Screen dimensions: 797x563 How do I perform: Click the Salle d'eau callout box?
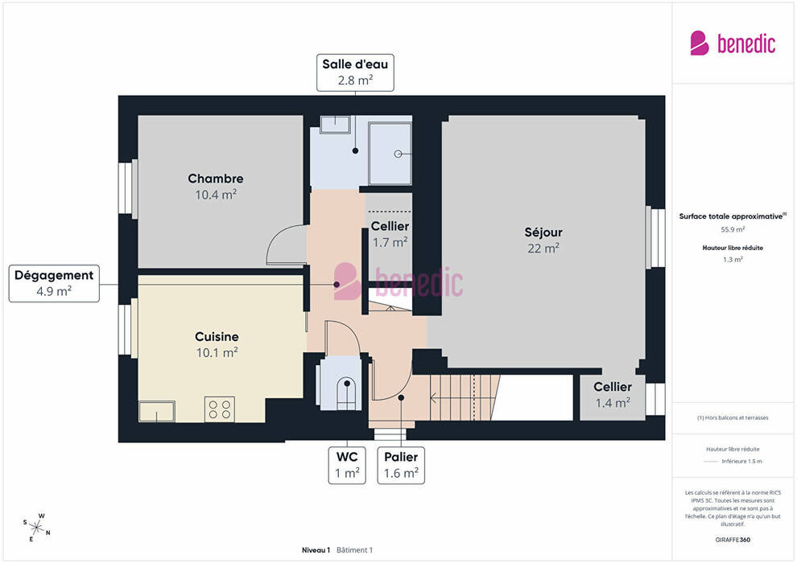click(x=355, y=72)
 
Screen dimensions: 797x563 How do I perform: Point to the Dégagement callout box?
click(x=54, y=283)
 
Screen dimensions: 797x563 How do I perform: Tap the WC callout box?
click(x=347, y=465)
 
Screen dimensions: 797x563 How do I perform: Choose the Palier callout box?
click(x=401, y=465)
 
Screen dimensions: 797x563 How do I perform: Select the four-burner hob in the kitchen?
click(x=220, y=409)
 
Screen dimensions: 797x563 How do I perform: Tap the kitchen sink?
click(x=156, y=411)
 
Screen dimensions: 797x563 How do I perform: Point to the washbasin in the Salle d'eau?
click(x=336, y=125)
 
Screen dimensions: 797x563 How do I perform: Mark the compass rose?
click(x=36, y=528)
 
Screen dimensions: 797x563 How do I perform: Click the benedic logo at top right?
click(x=733, y=43)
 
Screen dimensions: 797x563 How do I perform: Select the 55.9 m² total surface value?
click(x=733, y=229)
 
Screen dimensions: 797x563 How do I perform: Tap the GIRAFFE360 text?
click(x=733, y=540)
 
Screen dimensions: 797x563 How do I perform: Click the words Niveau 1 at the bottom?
click(x=316, y=550)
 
